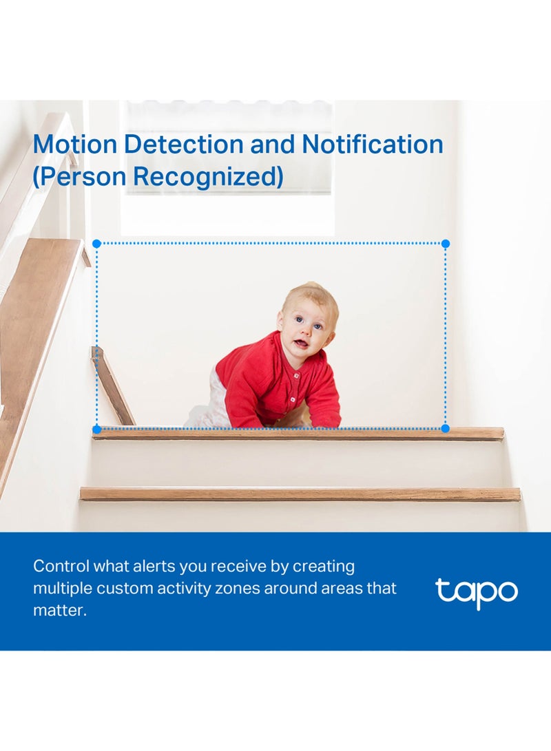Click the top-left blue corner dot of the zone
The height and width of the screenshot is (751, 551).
click(x=96, y=244)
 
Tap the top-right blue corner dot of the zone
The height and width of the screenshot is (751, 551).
click(x=446, y=244)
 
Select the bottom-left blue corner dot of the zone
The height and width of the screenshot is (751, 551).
click(x=96, y=429)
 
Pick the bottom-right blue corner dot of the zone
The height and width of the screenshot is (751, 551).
click(x=446, y=429)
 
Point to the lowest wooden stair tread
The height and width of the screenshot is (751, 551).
click(x=300, y=494)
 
